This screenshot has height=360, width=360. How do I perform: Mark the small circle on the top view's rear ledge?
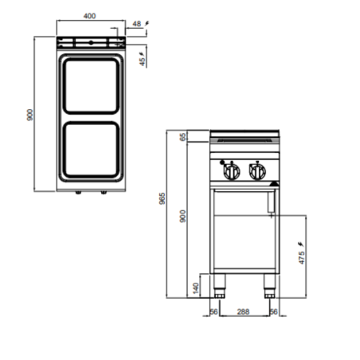91,40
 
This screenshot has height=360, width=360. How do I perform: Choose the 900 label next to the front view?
182,216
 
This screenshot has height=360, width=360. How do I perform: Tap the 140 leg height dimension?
195,286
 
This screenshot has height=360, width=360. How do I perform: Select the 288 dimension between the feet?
245,312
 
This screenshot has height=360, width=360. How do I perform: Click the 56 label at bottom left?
213,312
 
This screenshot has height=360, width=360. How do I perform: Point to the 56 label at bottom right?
275,312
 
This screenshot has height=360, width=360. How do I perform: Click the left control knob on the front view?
233,170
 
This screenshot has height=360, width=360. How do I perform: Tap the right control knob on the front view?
256,170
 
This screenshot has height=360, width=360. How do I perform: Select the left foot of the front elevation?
223,284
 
